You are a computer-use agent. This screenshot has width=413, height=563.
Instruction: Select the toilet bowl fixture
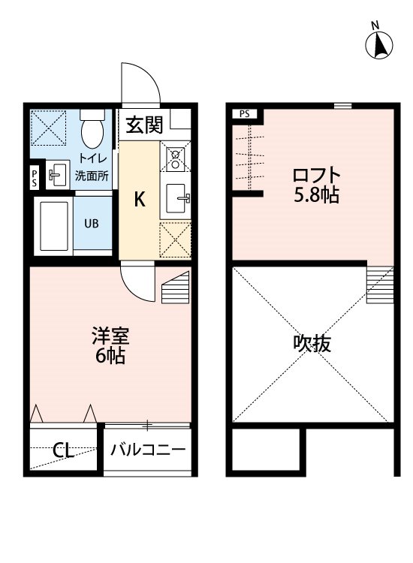coord(92,131)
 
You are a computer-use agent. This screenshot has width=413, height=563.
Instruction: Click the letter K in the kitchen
coord(140,199)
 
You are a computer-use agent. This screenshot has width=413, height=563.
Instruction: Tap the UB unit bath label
coord(91,224)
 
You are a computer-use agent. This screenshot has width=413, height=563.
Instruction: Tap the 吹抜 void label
coord(312,345)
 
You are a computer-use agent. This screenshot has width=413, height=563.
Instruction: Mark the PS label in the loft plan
coord(244,114)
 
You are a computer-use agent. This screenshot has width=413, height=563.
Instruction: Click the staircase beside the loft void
coord(379,286)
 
